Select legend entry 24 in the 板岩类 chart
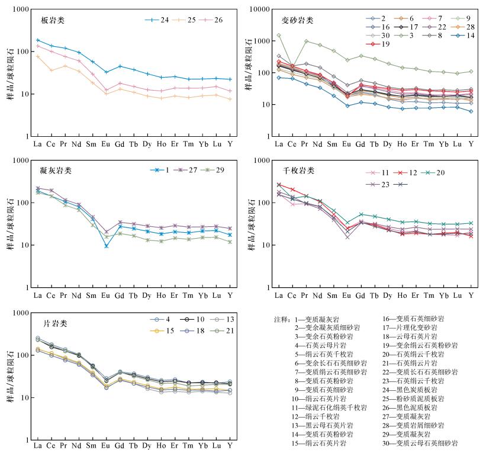click(x=157, y=20)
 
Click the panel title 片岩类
click(x=56, y=323)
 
